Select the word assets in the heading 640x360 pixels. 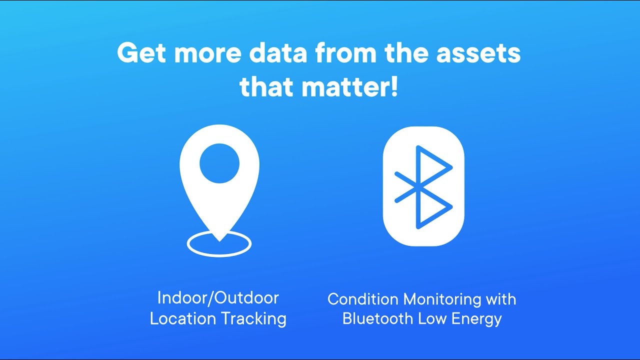tap(478, 53)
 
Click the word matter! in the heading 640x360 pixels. tap(349, 86)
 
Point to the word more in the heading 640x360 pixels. tap(207, 53)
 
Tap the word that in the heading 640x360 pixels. tap(267, 86)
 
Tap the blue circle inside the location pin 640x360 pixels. tap(219, 163)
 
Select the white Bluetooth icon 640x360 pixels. tap(423, 186)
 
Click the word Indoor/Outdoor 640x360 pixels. tap(218, 298)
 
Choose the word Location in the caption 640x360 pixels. tap(183, 318)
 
